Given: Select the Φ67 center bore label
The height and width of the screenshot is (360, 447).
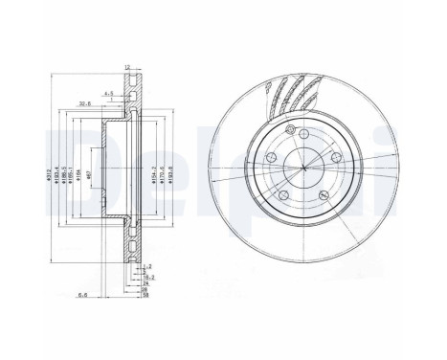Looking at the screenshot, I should (89, 173).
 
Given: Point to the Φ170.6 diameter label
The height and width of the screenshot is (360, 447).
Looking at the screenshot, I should (161, 173).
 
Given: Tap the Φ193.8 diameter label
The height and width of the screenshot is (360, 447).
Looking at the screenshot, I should (171, 173).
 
